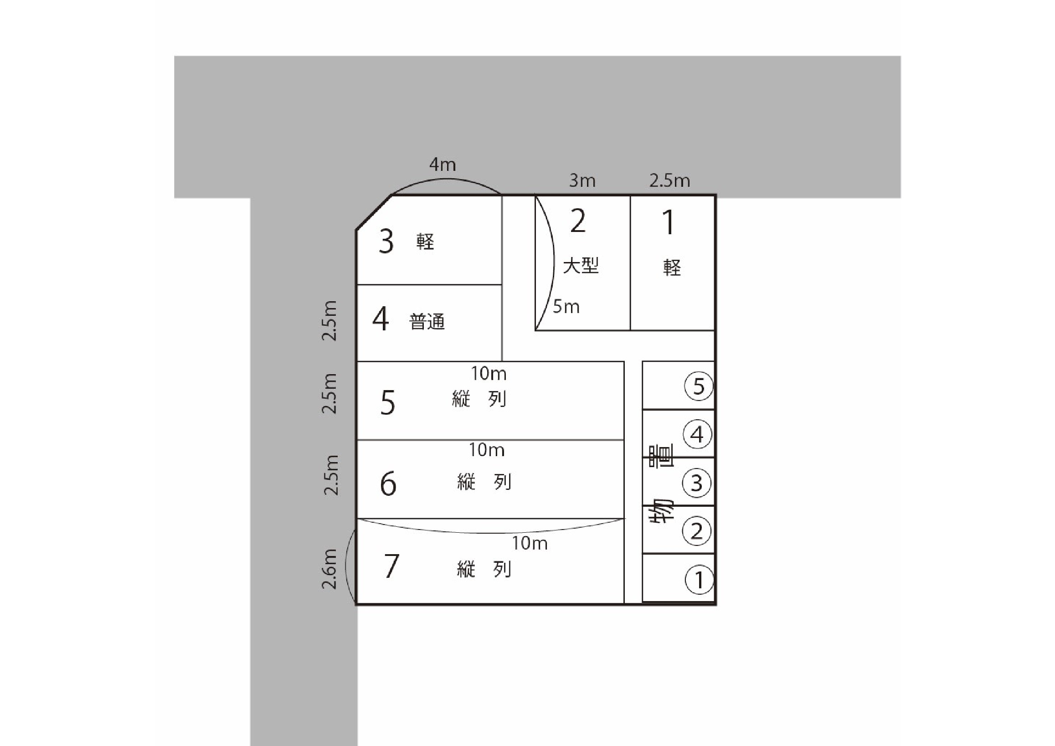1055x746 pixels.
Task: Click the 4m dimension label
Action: (x=443, y=164)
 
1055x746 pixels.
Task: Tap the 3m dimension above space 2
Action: (x=582, y=180)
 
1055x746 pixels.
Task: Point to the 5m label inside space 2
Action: (x=566, y=306)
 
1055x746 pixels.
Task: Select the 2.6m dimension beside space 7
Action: (x=329, y=569)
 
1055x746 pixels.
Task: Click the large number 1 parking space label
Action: (x=669, y=222)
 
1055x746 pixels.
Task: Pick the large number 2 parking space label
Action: (x=578, y=221)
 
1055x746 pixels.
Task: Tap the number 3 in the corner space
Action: (x=386, y=241)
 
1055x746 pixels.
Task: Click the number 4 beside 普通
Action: (x=381, y=319)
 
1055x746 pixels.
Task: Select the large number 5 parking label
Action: (x=388, y=403)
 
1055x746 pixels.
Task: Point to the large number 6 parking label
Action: (x=388, y=484)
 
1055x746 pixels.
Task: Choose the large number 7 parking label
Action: (x=391, y=566)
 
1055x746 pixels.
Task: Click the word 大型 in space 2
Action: (x=581, y=266)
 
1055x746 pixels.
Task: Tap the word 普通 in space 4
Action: (x=427, y=322)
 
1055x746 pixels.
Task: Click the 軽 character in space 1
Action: (x=672, y=268)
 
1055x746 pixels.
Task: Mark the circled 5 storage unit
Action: (x=699, y=386)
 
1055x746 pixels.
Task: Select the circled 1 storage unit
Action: (x=700, y=580)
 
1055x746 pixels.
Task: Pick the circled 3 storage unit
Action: (x=697, y=483)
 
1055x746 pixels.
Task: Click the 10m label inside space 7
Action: (x=530, y=543)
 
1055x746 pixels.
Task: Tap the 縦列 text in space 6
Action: (x=484, y=482)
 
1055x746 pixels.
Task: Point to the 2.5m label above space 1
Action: (x=669, y=180)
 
